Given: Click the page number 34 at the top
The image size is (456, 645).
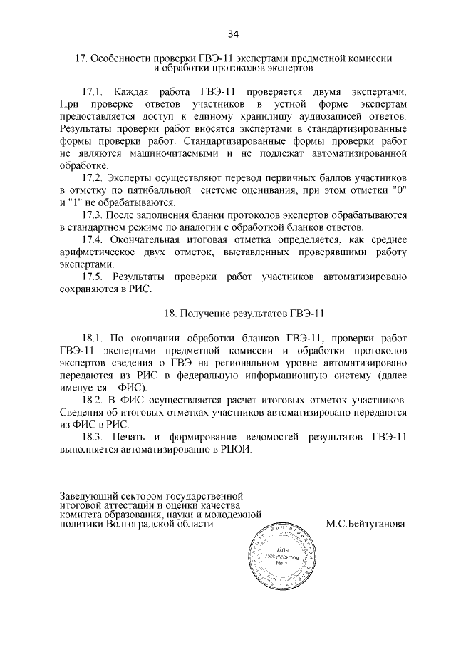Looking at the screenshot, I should (x=232, y=33).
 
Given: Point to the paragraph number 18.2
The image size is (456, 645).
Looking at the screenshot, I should (x=94, y=400).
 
